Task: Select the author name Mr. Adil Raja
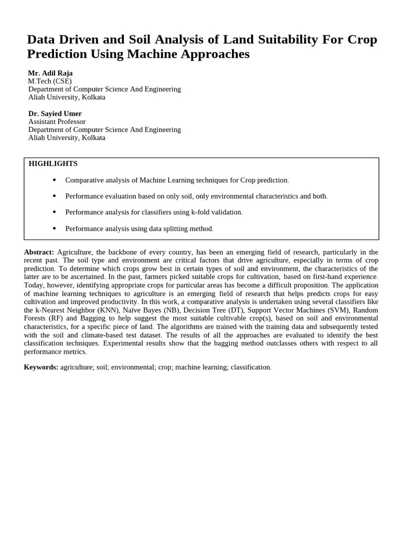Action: coord(50,73)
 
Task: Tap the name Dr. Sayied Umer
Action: coord(55,113)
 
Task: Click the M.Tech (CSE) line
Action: coord(50,81)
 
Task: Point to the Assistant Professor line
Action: coord(57,121)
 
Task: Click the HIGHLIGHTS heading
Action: coord(53,164)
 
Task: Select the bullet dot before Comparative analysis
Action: coord(55,180)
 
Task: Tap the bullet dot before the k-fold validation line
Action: coord(55,212)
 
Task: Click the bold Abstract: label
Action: coord(39,252)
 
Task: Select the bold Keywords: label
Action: coord(41,367)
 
